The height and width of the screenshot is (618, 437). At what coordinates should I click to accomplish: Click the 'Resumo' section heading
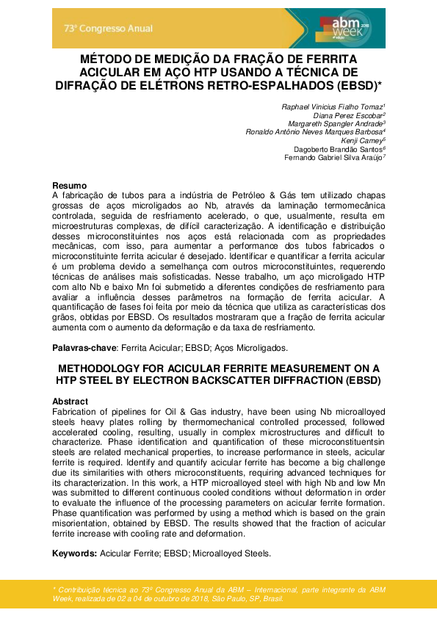point(70,185)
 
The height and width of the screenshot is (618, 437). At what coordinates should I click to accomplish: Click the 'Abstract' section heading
point(71,401)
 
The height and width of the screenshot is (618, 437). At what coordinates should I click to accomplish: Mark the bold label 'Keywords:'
point(75,553)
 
